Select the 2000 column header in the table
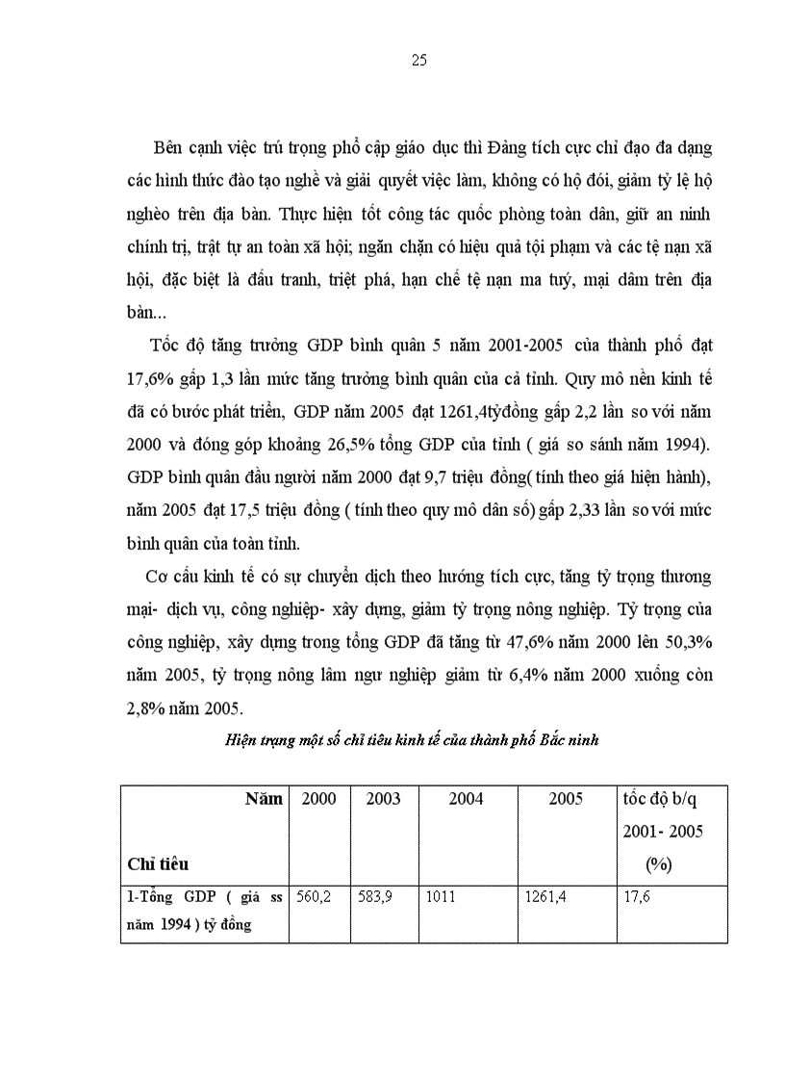(x=318, y=799)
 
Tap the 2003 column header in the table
(x=384, y=799)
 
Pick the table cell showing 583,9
(x=375, y=896)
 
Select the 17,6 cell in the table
(x=639, y=896)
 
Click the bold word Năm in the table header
(x=264, y=799)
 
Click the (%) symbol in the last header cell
(x=658, y=864)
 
